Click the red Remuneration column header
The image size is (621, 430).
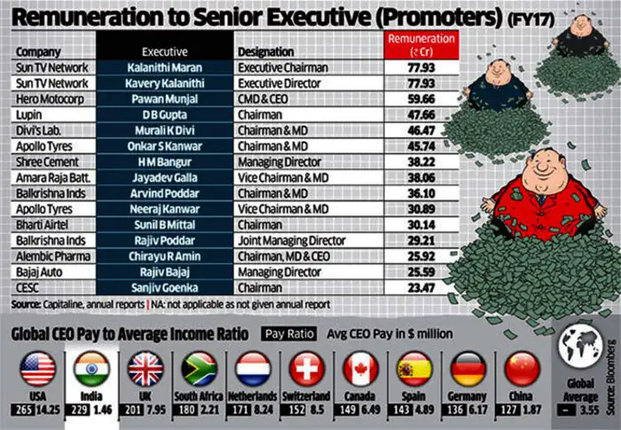coord(421,44)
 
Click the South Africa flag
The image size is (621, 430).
coord(199,369)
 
